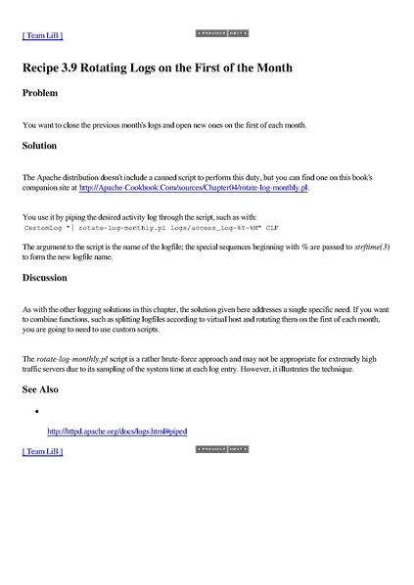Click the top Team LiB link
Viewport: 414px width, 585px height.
click(42, 35)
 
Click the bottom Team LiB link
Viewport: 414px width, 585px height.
click(42, 452)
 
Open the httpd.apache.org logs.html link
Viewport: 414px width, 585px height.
click(116, 430)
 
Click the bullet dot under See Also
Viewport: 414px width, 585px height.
click(35, 411)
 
